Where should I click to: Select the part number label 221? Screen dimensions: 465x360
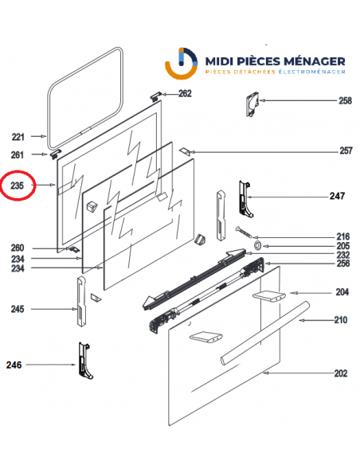18,137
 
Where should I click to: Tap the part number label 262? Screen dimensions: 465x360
185,94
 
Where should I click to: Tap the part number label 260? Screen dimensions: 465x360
18,248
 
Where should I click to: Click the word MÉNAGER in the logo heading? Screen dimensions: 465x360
308,61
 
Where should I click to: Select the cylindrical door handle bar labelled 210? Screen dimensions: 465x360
263,335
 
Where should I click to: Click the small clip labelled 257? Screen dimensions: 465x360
185,150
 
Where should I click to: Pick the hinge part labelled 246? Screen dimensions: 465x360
83,361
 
